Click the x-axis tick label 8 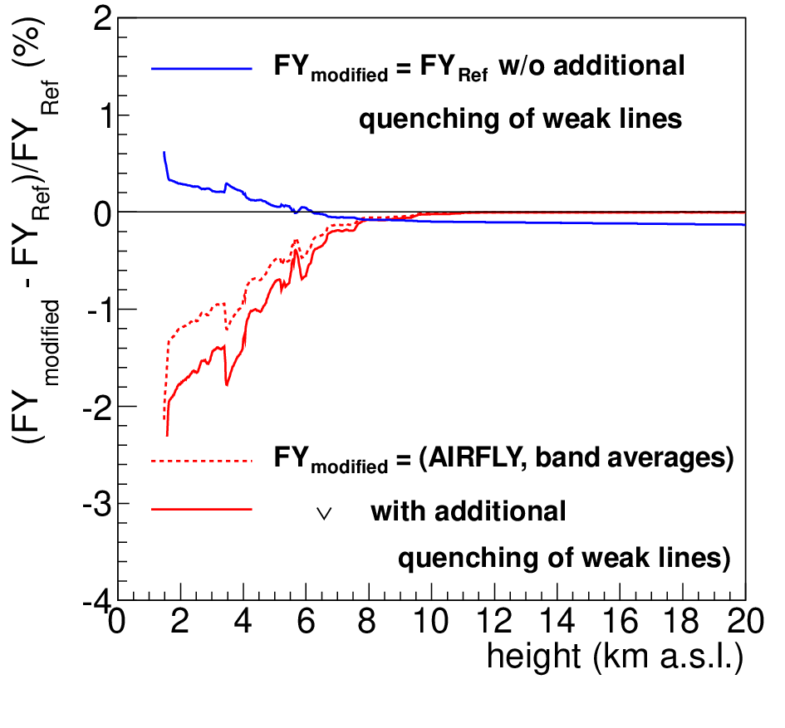pyautogui.click(x=367, y=622)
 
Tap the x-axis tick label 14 pyautogui.click(x=557, y=622)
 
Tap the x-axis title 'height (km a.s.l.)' pyautogui.click(x=616, y=657)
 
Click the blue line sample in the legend pyautogui.click(x=202, y=68)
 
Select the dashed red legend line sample pyautogui.click(x=202, y=461)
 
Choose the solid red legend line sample pyautogui.click(x=202, y=510)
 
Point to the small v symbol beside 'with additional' pyautogui.click(x=325, y=514)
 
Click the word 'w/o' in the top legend pyautogui.click(x=522, y=66)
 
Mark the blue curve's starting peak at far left pyautogui.click(x=164, y=152)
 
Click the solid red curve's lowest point pyautogui.click(x=167, y=436)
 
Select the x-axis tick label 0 pyautogui.click(x=116, y=622)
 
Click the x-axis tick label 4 pyautogui.click(x=243, y=622)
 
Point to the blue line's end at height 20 pyautogui.click(x=745, y=225)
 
